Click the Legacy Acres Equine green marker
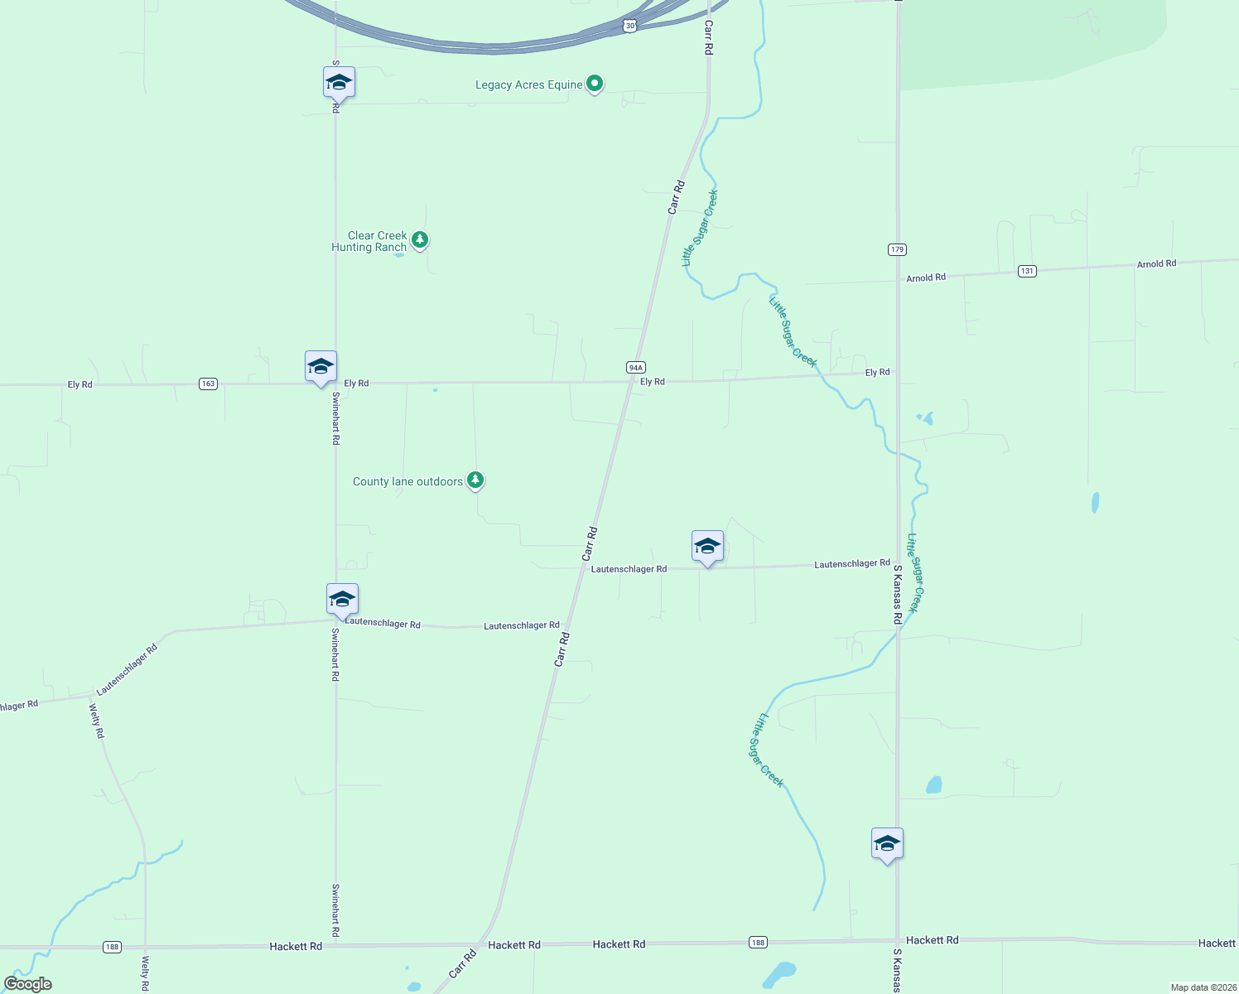pos(594,84)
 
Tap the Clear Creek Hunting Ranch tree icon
pos(420,240)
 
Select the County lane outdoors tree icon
pos(475,480)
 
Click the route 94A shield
pos(635,367)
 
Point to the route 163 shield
pos(208,384)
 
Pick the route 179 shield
pos(897,249)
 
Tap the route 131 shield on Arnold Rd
pos(1027,271)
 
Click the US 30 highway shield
pos(629,27)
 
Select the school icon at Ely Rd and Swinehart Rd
pos(321,366)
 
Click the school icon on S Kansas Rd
pos(887,843)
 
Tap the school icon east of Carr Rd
pos(707,546)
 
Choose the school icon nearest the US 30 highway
pos(339,82)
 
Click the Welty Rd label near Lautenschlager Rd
pos(97,721)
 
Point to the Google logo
pos(28,984)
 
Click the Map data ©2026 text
pos(1203,987)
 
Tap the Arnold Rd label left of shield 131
pos(925,278)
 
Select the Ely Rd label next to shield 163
pos(80,384)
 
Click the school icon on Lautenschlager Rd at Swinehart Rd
pos(342,599)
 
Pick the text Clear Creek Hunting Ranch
pos(369,241)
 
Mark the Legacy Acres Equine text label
pos(528,84)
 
